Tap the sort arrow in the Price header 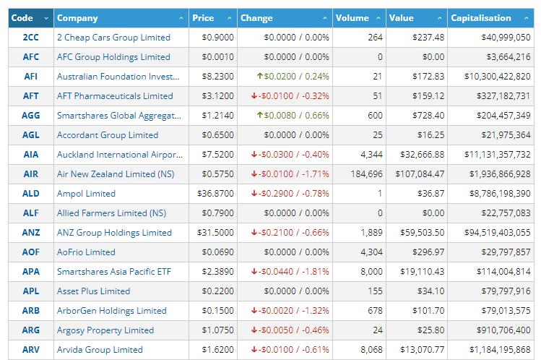pyautogui.click(x=230, y=18)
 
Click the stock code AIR pyautogui.click(x=31, y=174)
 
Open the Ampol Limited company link pyautogui.click(x=86, y=194)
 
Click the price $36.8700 pyautogui.click(x=215, y=194)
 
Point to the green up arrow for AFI pyautogui.click(x=260, y=76)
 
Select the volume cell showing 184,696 pyautogui.click(x=366, y=174)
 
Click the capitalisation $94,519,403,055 pyautogui.click(x=497, y=233)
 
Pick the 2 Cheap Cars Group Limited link pyautogui.click(x=113, y=38)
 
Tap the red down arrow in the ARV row pyautogui.click(x=254, y=350)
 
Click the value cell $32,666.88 pyautogui.click(x=422, y=155)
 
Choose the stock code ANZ pyautogui.click(x=31, y=233)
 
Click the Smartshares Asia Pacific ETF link pyautogui.click(x=114, y=272)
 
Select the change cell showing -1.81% pyautogui.click(x=290, y=272)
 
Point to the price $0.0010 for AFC pyautogui.click(x=217, y=57)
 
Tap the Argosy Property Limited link pyautogui.click(x=105, y=330)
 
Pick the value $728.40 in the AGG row pyautogui.click(x=428, y=115)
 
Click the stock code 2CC pyautogui.click(x=31, y=38)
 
